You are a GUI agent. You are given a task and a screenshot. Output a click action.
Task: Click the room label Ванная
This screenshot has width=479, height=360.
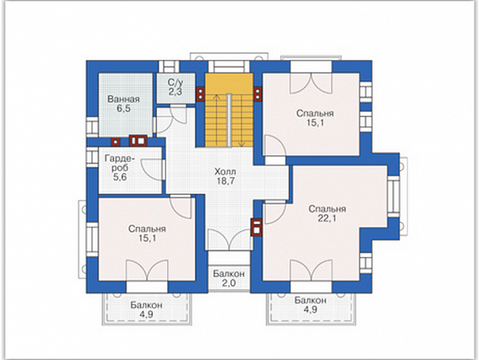pos(123,99)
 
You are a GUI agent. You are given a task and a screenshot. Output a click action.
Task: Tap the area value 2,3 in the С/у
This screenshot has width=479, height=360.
pos(175,92)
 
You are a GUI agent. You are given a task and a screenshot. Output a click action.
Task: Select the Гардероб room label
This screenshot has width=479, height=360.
pos(119,163)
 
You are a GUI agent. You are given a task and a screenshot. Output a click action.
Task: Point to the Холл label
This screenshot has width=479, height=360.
pos(225,171)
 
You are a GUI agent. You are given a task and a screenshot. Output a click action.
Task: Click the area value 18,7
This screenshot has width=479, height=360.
pos(225,181)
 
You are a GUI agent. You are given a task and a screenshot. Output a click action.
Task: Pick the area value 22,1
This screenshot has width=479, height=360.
pos(327,219)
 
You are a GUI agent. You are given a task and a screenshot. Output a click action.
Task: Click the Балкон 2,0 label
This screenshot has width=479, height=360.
pos(229,278)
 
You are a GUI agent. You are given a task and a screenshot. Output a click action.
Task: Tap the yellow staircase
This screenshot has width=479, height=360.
pos(229,110)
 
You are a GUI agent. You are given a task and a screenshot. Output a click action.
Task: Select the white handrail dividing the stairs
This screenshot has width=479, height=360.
pos(229,120)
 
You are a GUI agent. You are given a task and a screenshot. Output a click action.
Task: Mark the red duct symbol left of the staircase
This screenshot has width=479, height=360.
pos(200,94)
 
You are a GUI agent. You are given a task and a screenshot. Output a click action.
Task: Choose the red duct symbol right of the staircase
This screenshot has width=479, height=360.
pos(258,94)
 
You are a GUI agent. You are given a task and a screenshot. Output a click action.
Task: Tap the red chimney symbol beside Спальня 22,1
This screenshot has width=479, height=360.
pos(256,228)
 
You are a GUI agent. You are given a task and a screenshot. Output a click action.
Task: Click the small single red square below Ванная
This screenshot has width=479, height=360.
pos(116,141)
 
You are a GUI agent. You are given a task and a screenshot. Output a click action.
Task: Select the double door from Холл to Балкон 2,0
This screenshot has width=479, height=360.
pos(229,240)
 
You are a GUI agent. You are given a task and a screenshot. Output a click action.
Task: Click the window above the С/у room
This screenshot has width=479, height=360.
pos(169,67)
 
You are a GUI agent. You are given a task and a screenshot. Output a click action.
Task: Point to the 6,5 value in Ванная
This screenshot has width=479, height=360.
pos(123,108)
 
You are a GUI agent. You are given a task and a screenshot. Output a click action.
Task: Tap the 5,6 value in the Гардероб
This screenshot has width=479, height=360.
pos(119,177)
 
